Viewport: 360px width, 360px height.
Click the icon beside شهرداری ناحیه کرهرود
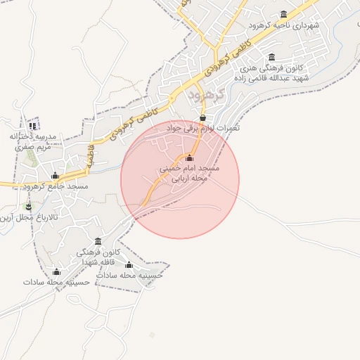click(x=283, y=15)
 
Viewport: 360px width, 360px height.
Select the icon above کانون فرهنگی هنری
click(x=272, y=57)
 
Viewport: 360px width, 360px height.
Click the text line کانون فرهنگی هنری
click(x=271, y=68)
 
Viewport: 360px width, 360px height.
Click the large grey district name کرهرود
click(x=205, y=94)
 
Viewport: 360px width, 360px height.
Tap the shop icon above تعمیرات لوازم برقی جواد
click(x=202, y=117)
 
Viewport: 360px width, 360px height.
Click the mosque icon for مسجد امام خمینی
click(x=189, y=157)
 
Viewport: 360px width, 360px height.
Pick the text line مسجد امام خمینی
click(x=190, y=169)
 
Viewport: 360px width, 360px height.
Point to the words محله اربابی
click(x=191, y=179)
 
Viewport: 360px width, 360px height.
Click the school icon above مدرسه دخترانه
click(x=32, y=126)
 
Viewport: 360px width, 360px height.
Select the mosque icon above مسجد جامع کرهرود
click(x=56, y=175)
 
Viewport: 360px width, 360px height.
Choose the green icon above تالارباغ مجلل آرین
click(x=28, y=207)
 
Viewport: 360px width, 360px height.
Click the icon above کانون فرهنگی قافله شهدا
click(x=98, y=241)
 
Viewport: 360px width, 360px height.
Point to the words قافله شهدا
click(x=98, y=262)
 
